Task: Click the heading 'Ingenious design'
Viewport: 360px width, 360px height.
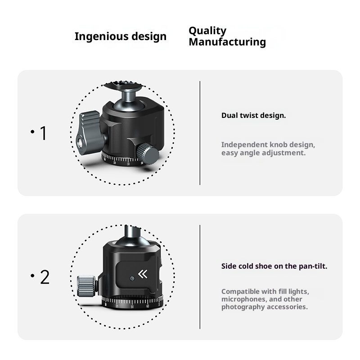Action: click(120, 36)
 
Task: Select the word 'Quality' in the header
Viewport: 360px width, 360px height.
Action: click(207, 31)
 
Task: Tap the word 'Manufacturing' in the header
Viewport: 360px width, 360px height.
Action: click(227, 42)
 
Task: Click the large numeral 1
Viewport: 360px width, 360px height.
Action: click(43, 134)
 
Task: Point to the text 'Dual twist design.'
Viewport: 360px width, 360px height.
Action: click(253, 116)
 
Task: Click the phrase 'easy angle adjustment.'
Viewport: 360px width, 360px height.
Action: click(263, 153)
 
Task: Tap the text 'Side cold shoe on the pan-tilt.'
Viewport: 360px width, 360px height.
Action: click(274, 266)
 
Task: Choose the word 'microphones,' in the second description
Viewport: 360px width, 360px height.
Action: click(243, 299)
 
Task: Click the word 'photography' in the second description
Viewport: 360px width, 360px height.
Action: click(243, 307)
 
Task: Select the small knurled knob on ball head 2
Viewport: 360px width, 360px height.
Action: click(87, 284)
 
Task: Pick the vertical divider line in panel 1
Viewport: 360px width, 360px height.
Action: click(200, 133)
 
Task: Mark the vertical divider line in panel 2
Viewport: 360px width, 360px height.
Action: click(200, 277)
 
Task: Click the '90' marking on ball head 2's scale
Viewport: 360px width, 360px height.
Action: click(132, 307)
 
